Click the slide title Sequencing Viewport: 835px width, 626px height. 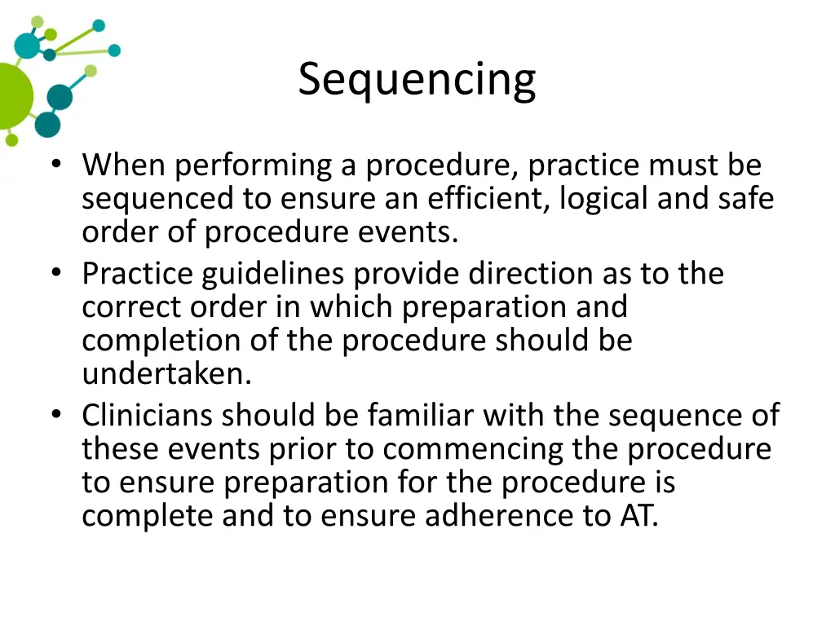click(x=417, y=80)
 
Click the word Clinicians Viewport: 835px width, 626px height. click(x=148, y=416)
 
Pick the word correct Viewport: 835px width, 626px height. click(x=130, y=307)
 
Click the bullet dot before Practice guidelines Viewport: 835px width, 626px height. click(x=55, y=274)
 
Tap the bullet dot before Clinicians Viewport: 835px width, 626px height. click(x=55, y=416)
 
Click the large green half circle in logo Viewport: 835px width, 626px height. click(x=13, y=95)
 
